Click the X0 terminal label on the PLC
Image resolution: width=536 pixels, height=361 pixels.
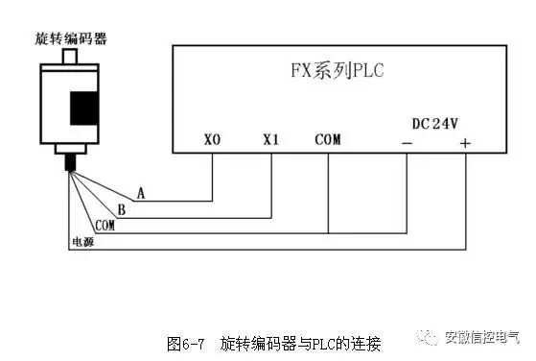213,140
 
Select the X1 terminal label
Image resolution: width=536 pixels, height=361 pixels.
270,140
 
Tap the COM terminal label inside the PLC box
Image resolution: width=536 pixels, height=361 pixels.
327,140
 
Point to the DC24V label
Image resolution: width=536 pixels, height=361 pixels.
435,124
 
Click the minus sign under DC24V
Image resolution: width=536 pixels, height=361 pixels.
408,143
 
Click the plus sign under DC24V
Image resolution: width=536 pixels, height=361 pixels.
465,143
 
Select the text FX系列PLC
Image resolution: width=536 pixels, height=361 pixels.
330,70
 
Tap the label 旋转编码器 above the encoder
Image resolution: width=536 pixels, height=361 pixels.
70,38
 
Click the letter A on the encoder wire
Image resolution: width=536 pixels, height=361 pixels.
141,193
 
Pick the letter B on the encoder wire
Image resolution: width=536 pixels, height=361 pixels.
121,209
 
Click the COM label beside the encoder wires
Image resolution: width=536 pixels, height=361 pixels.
105,225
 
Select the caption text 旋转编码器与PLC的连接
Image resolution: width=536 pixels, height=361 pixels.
300,343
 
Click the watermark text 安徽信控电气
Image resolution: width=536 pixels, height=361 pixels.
481,337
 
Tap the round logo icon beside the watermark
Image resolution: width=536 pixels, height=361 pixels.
427,337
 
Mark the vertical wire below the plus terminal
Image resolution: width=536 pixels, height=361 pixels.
465,202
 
